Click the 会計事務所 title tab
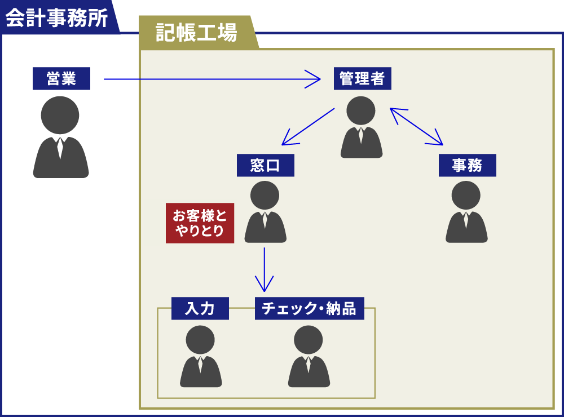(56, 18)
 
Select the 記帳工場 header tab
(196, 33)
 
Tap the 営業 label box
(61, 79)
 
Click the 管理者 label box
(362, 78)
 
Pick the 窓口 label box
(265, 166)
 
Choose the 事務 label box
(467, 166)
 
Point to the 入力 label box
(200, 309)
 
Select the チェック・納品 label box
(309, 309)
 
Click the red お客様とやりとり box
(200, 223)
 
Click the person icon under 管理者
(362, 127)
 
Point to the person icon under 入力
(201, 356)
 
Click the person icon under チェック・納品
(309, 356)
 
